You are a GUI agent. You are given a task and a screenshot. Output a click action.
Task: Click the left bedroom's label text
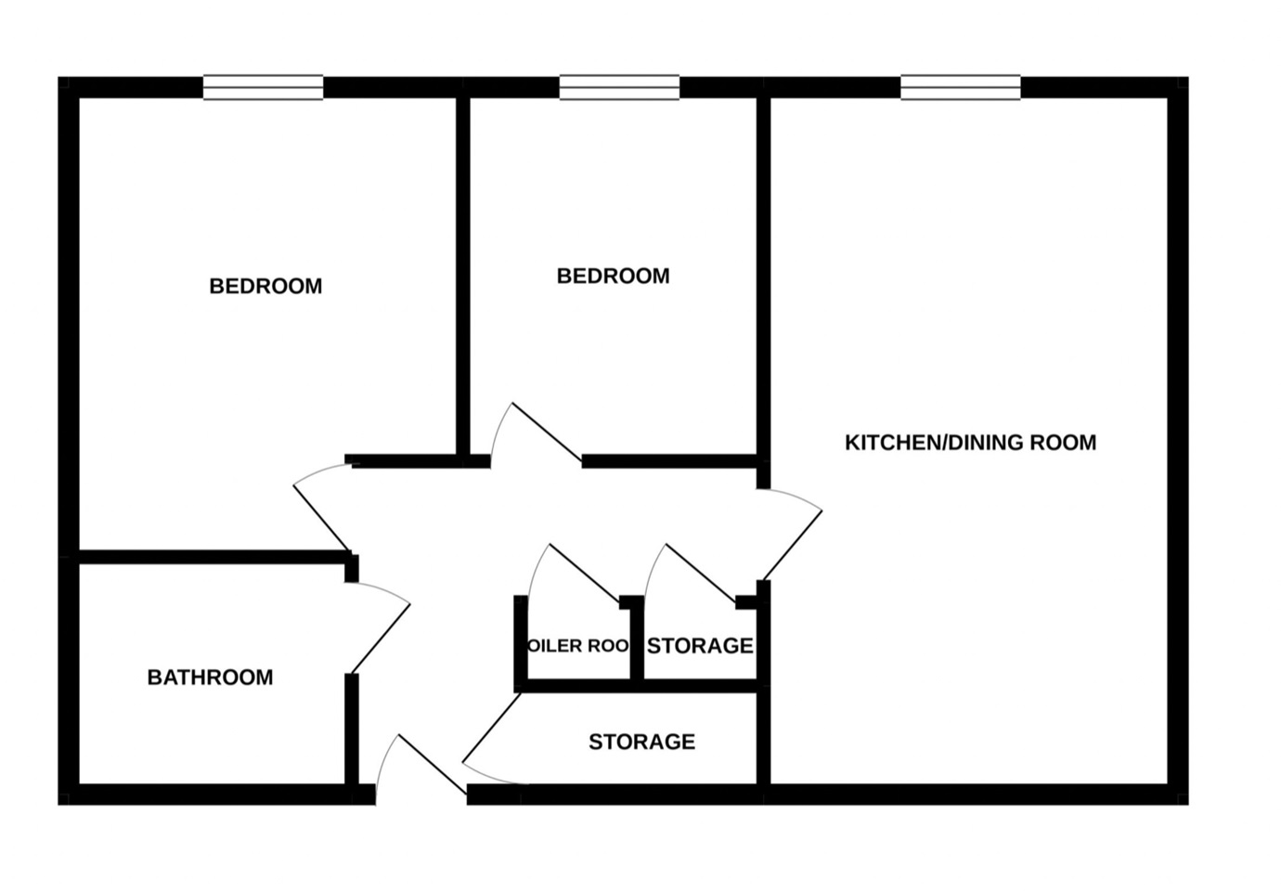[265, 286]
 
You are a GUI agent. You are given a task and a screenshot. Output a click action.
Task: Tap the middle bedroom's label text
[613, 276]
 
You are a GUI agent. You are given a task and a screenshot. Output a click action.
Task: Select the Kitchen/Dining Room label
[970, 443]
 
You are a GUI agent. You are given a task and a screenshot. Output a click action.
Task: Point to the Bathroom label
[210, 678]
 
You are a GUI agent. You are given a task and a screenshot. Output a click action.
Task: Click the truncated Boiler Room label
[578, 646]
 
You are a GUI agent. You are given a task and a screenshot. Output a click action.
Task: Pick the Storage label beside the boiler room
[700, 646]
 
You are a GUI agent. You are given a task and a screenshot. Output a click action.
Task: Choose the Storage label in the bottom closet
[641, 742]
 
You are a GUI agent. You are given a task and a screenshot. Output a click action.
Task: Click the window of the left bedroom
[264, 87]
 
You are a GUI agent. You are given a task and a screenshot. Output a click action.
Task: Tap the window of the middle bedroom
[619, 87]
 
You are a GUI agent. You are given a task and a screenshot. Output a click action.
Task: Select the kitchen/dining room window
[961, 87]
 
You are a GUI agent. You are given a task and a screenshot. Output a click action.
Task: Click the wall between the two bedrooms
[461, 278]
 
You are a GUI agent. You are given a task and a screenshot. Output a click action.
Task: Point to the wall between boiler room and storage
[637, 645]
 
